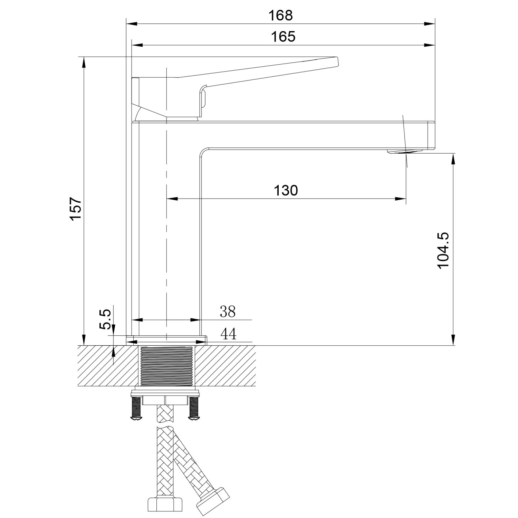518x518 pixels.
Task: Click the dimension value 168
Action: [x=281, y=15]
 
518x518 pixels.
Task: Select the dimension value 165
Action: [x=283, y=37]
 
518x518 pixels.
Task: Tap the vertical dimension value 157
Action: [x=75, y=208]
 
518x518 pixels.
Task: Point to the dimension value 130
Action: [x=286, y=190]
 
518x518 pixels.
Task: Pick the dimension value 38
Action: [x=228, y=312]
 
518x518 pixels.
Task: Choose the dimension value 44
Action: [x=228, y=334]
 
